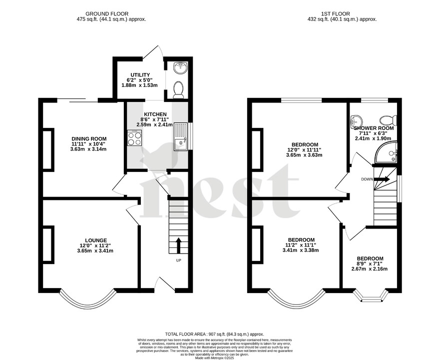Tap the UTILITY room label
137,75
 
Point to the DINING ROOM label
89,138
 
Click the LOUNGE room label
89,240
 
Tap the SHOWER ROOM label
374,128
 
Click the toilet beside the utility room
177,89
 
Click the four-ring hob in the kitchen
135,138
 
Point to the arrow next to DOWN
383,178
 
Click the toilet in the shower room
388,120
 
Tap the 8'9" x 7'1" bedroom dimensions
370,264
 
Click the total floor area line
214,334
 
